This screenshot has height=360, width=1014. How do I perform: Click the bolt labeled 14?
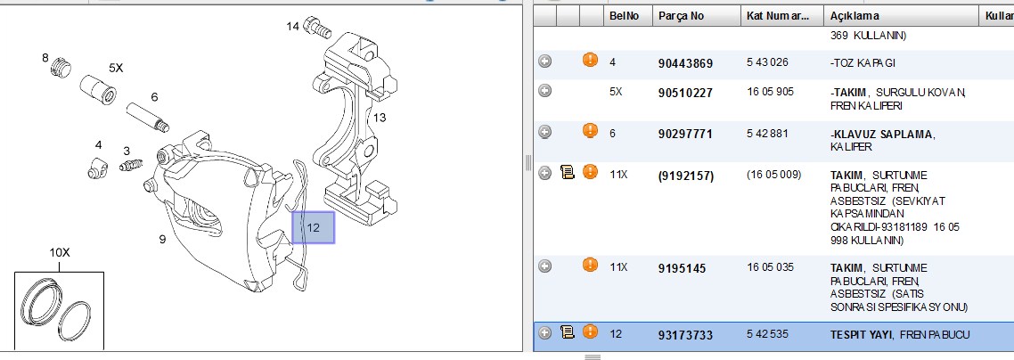317,26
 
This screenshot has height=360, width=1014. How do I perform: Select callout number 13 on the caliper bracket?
380,118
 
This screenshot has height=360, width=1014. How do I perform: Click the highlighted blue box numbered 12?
313,227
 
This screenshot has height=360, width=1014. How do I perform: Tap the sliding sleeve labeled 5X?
99,91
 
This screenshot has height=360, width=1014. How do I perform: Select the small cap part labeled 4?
97,168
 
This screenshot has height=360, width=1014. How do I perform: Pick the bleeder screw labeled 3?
131,165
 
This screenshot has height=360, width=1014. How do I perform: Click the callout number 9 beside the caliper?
162,239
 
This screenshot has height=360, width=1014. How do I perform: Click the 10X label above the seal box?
59,252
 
